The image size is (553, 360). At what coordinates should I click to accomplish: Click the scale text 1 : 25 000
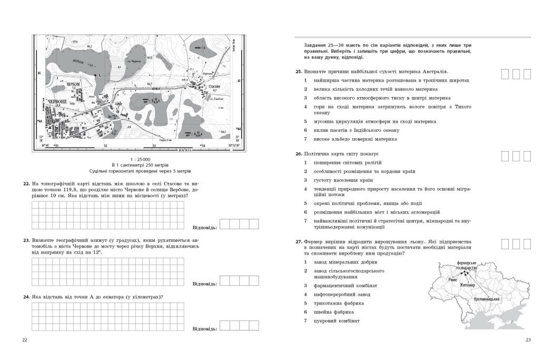tap(140, 159)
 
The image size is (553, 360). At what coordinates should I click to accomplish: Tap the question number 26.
tap(298, 154)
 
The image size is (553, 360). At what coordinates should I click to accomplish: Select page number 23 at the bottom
tap(528, 339)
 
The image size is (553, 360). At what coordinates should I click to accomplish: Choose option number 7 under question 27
tap(305, 321)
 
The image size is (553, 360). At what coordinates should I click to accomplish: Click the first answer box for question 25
tap(505, 73)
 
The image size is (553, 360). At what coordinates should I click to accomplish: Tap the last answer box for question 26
tap(528, 156)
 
